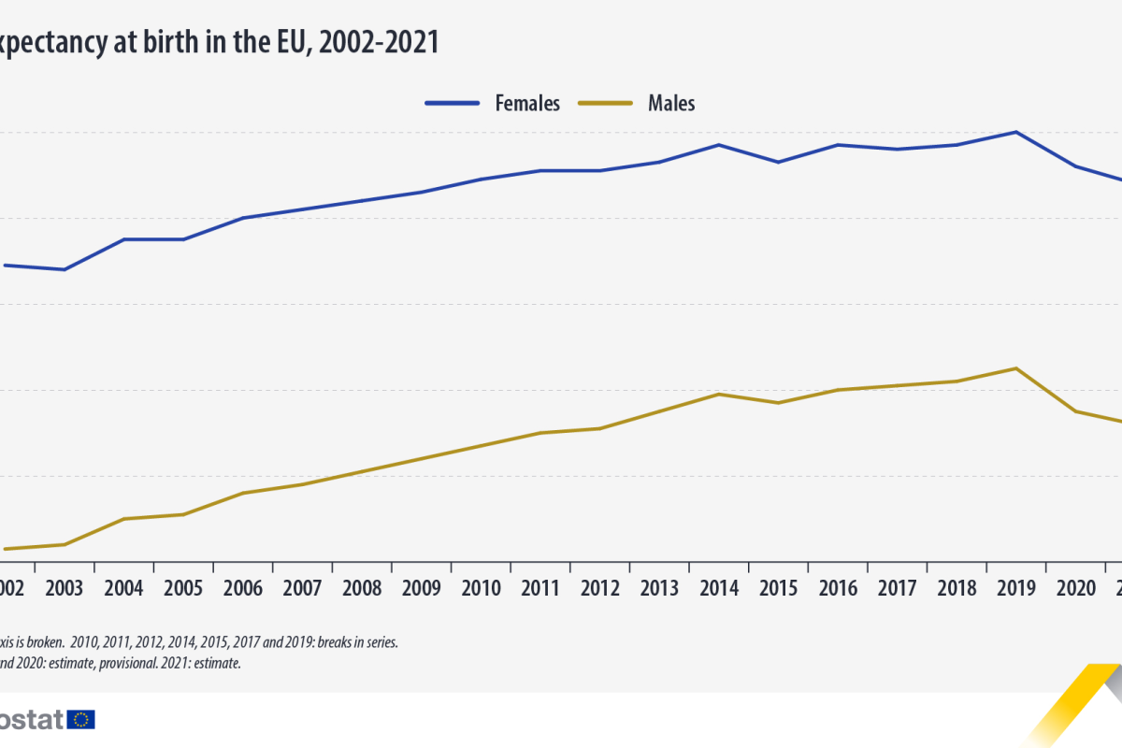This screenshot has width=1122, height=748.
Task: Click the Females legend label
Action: pyautogui.click(x=527, y=103)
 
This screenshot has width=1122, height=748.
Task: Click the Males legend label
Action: pyautogui.click(x=671, y=103)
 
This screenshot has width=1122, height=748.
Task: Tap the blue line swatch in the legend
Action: pyautogui.click(x=453, y=103)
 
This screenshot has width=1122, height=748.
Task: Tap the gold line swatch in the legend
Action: pyautogui.click(x=606, y=103)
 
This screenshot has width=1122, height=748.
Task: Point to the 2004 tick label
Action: pyautogui.click(x=123, y=588)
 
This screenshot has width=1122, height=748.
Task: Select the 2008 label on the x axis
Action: pyautogui.click(x=362, y=588)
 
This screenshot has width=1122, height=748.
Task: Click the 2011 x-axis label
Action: pyautogui.click(x=540, y=588)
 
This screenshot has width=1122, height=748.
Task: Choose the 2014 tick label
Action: pyautogui.click(x=719, y=588)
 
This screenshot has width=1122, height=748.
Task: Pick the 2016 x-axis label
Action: pyautogui.click(x=838, y=588)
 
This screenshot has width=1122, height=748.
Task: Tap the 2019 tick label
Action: pyautogui.click(x=1016, y=588)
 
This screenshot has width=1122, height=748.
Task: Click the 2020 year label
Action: pyautogui.click(x=1076, y=588)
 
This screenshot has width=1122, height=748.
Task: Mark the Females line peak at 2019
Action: pyautogui.click(x=1016, y=133)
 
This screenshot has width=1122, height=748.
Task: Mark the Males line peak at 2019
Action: pyautogui.click(x=1016, y=368)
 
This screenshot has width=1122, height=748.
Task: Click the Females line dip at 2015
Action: pyautogui.click(x=778, y=162)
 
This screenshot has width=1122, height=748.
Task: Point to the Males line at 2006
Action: pyautogui.click(x=243, y=493)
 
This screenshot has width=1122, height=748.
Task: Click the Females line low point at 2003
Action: pyautogui.click(x=65, y=269)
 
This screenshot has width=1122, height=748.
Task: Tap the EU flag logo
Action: pyautogui.click(x=82, y=719)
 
